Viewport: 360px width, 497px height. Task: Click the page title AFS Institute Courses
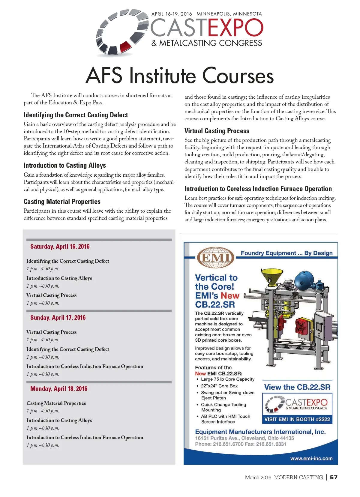[x=180, y=76]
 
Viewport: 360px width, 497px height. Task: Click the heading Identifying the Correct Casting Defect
[x=76, y=115]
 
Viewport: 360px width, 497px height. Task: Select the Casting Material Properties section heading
[x=62, y=202]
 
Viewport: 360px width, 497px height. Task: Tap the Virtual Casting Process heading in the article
[x=217, y=131]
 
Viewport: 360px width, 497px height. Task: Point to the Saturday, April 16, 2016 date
[x=60, y=247]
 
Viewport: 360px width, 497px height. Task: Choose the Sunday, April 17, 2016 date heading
[x=58, y=318]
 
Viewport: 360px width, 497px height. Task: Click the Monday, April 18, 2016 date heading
[x=59, y=389]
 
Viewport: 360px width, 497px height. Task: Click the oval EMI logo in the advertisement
[x=215, y=257]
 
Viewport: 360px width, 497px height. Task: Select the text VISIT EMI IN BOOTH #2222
[x=297, y=419]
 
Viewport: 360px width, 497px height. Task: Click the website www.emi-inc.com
[x=311, y=458]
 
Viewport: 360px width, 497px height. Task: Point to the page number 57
[x=334, y=477]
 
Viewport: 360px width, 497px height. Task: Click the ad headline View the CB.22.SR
[x=297, y=387]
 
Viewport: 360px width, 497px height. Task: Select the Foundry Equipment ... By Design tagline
[x=286, y=253]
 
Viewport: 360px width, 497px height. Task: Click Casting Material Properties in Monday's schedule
[x=56, y=403]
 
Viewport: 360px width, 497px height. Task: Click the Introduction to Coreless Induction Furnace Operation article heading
[x=258, y=189]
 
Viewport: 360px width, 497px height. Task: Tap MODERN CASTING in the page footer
[x=298, y=477]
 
